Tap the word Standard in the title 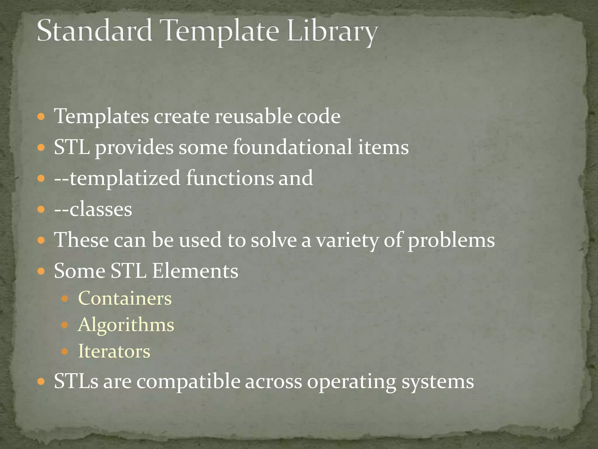click(x=94, y=31)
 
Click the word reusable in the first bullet click(x=253, y=116)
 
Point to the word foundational click(x=292, y=147)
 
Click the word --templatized click(x=117, y=178)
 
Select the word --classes click(x=93, y=209)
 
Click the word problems click(x=451, y=240)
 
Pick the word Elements click(x=195, y=271)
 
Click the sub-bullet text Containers click(x=125, y=298)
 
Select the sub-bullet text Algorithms click(x=126, y=325)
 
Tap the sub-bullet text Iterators click(x=114, y=351)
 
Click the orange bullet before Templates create click(x=41, y=117)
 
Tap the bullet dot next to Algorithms click(x=65, y=325)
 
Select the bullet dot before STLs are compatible click(x=41, y=381)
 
